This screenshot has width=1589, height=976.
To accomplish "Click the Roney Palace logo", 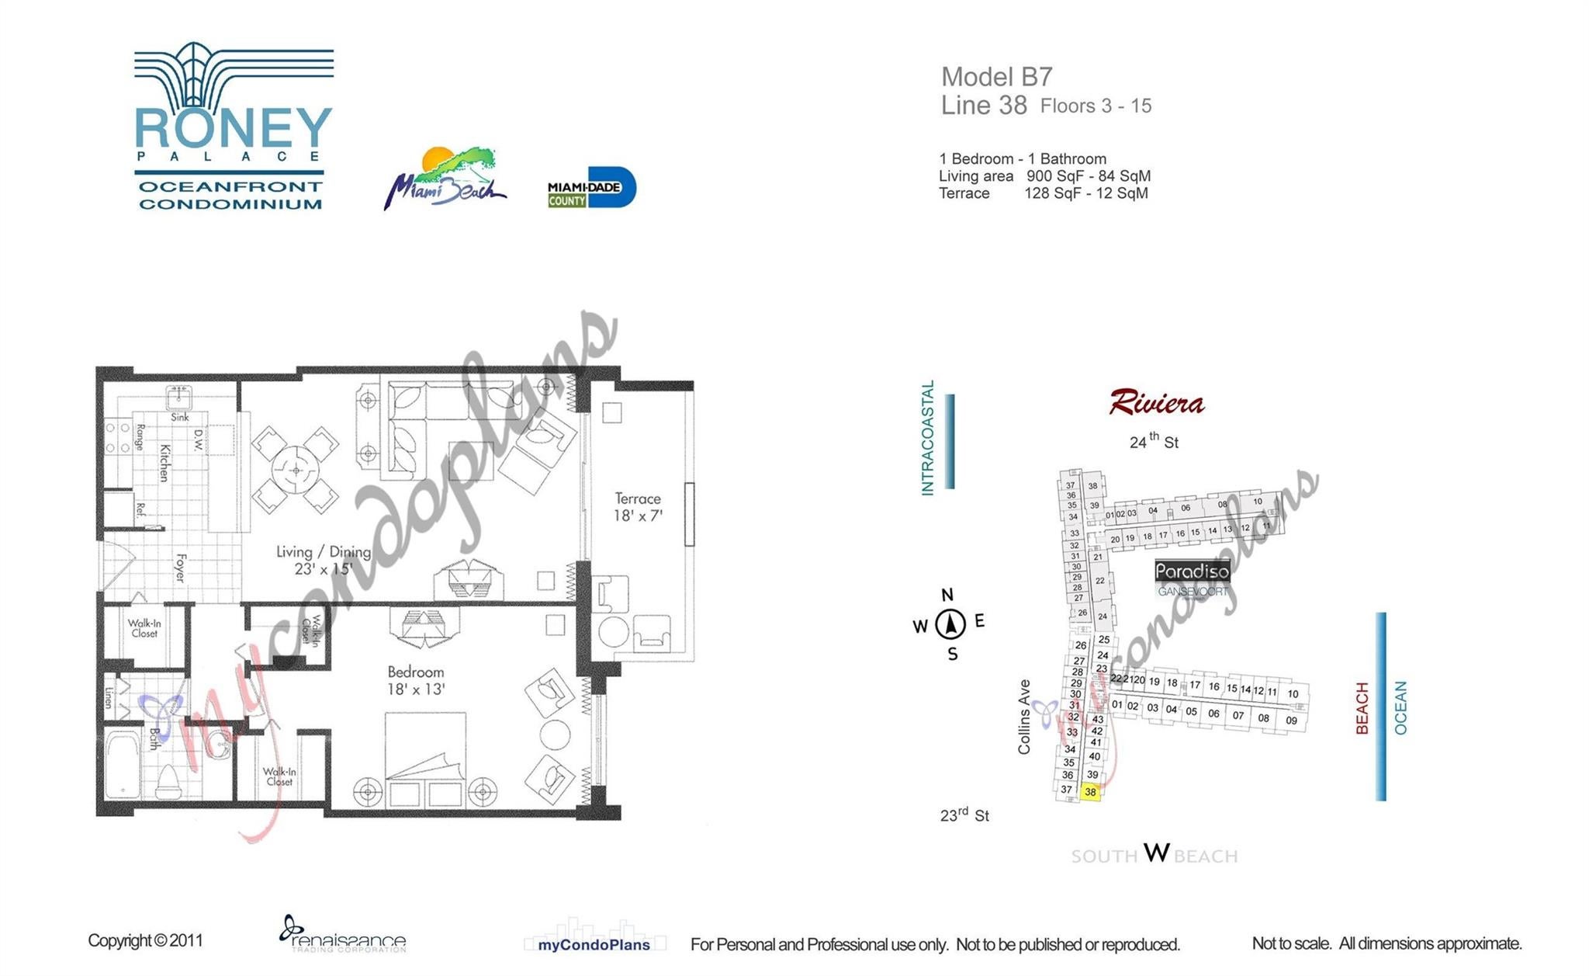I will coord(233,128).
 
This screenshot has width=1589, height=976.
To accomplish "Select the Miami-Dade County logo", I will coord(591,187).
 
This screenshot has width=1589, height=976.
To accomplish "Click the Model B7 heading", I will coord(996,77).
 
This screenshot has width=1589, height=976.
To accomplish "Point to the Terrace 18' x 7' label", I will coord(637,507).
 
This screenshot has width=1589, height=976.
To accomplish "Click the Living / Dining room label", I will coord(323,560).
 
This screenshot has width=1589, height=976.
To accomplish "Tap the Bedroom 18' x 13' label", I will coord(416,680).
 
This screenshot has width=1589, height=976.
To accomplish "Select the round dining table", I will coord(296,470).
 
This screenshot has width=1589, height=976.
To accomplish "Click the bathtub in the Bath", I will coord(123,766).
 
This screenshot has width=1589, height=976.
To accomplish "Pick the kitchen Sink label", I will coord(180,417).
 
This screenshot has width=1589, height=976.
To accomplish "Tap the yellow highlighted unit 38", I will coord(1090,792).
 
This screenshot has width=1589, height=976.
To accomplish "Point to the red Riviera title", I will coord(1156,403).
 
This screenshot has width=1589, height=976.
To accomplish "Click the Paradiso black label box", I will coord(1192,571).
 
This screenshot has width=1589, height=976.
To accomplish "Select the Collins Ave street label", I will coord(1024,717).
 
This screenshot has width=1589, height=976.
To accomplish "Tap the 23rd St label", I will coord(964,815).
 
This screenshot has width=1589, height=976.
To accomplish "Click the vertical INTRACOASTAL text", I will coord(928,438).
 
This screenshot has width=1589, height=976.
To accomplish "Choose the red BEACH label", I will coord(1362,708).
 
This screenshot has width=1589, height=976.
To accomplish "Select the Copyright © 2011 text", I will coord(145,940).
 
